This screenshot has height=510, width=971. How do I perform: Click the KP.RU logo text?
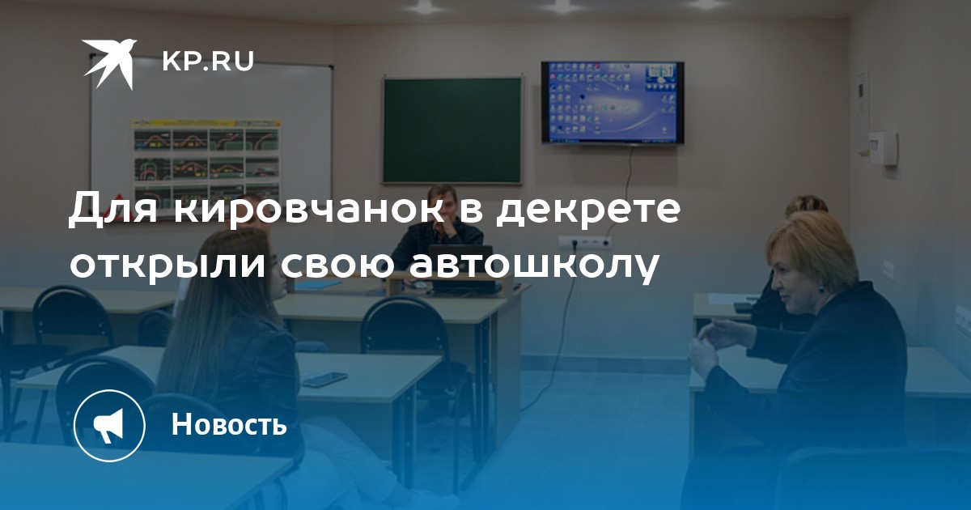[208, 62]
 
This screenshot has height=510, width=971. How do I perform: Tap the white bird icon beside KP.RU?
[109, 64]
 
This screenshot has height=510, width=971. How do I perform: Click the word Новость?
[229, 423]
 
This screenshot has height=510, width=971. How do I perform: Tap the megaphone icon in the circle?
[108, 426]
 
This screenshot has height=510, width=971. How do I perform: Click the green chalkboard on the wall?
[452, 130]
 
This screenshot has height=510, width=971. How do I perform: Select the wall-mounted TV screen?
[613, 102]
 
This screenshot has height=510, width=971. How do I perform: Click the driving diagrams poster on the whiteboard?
[206, 161]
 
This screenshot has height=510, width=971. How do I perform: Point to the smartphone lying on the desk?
[324, 379]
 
